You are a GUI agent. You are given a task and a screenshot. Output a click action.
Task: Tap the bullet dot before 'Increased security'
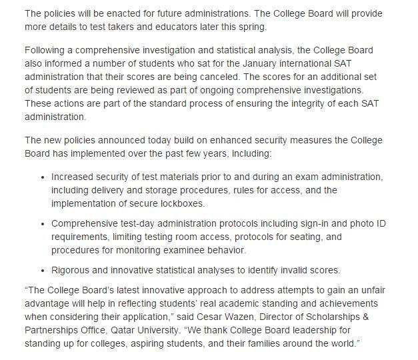[x=43, y=177]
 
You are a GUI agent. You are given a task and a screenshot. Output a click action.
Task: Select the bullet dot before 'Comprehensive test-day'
[x=43, y=224]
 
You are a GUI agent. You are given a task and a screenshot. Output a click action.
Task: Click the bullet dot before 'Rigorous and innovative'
[x=43, y=271]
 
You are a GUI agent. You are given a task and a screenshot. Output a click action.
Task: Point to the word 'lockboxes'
[x=179, y=203]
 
